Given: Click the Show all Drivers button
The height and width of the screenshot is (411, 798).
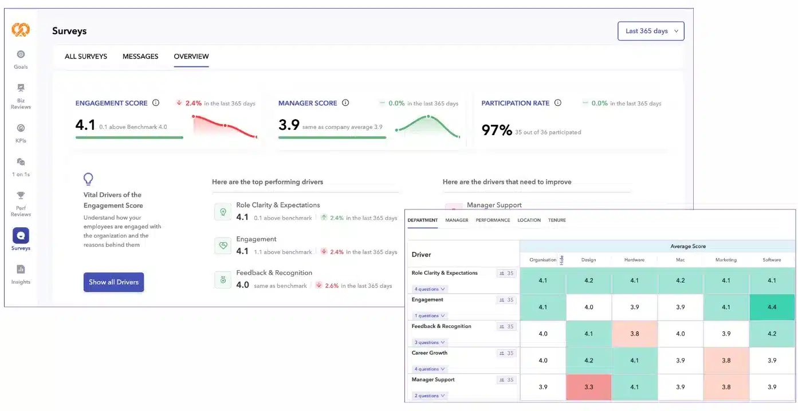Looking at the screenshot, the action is (113, 282).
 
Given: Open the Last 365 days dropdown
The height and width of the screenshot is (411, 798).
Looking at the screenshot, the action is (651, 31).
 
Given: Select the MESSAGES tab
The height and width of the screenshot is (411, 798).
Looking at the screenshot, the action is (140, 56).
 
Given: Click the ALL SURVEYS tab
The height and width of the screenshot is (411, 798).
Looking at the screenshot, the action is (86, 56).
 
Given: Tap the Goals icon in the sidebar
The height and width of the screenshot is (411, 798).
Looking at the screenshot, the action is (21, 54).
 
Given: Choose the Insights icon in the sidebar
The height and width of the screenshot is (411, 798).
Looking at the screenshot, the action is (21, 270).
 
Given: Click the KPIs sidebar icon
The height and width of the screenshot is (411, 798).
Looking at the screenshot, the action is (21, 128).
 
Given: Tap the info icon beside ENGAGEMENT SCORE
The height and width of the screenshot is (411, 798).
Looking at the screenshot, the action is (156, 103).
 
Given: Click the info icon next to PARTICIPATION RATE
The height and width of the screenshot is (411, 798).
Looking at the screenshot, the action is (558, 103).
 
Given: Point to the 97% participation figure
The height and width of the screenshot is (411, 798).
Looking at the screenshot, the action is (497, 130).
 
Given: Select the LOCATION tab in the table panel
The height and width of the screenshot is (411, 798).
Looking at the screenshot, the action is (529, 220).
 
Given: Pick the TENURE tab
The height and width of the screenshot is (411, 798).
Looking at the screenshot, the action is (557, 220).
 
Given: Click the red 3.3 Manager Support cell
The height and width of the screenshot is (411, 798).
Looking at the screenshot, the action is (588, 387).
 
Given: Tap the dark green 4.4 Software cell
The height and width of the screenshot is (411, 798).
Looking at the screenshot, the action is (772, 307).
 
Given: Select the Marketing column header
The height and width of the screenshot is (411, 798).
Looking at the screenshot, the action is (726, 260).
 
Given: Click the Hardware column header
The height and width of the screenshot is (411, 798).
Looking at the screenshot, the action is (635, 260).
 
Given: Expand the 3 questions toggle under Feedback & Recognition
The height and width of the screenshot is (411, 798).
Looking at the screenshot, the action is (429, 342).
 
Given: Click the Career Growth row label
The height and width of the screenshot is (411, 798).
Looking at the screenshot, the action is (429, 353).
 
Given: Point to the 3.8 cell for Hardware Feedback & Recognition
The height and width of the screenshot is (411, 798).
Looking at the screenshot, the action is (635, 334).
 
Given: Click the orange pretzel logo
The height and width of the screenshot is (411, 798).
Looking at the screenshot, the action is (20, 30).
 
